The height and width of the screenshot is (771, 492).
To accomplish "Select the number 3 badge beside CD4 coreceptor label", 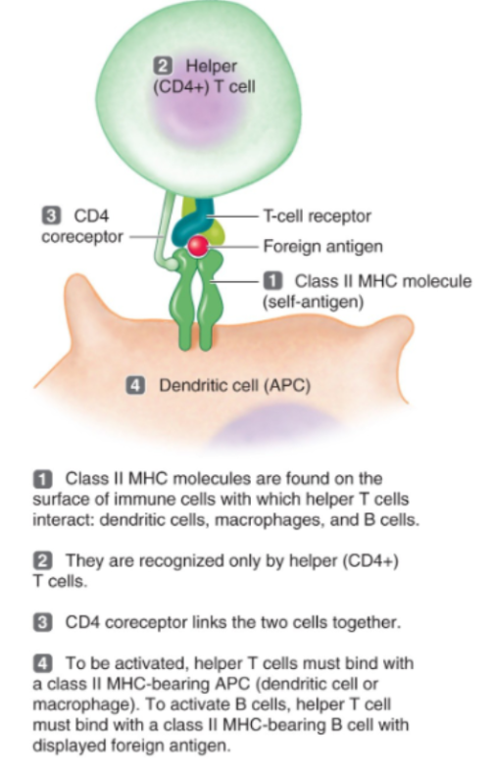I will click(x=51, y=215).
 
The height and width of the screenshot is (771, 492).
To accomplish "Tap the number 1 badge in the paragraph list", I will click(x=42, y=478).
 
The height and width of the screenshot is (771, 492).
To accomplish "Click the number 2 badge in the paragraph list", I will click(x=42, y=560).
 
